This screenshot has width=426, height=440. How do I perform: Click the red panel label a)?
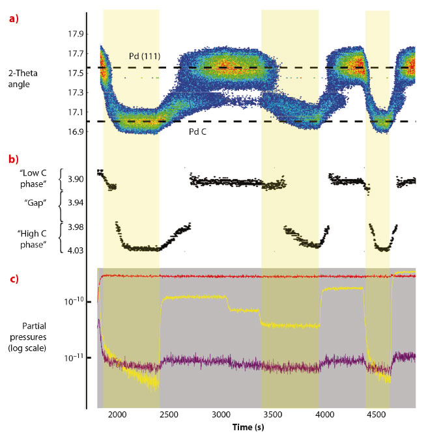(x=12, y=19)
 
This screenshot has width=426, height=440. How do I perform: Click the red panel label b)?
(x=12, y=159)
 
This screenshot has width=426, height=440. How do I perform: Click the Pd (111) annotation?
(x=143, y=59)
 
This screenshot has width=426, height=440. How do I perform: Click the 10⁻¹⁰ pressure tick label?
(x=74, y=301)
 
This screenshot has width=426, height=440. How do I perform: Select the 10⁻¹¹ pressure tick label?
(x=74, y=358)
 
